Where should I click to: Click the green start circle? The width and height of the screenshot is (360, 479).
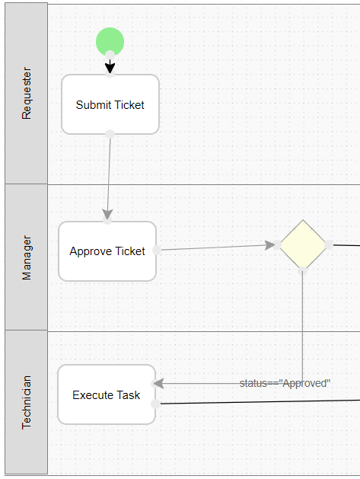click(x=110, y=41)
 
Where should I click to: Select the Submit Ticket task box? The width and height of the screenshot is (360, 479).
click(x=110, y=104)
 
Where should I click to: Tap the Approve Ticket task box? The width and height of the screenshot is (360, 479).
click(x=107, y=251)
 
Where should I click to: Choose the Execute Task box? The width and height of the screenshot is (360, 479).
click(x=107, y=394)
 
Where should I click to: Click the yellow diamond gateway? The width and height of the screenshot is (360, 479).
click(x=303, y=244)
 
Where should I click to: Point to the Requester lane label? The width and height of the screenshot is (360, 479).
click(x=27, y=93)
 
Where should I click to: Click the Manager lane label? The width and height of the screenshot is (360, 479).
click(x=27, y=257)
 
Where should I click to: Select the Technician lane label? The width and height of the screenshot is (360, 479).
click(x=27, y=402)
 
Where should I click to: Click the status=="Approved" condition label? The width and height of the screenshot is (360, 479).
click(x=285, y=383)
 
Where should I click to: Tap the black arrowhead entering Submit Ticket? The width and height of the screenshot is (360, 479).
click(x=110, y=67)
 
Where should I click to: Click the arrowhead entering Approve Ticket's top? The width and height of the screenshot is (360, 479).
click(x=107, y=215)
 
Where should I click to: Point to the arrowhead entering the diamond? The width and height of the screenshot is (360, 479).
click(x=269, y=244)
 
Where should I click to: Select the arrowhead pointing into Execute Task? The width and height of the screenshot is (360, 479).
click(x=159, y=383)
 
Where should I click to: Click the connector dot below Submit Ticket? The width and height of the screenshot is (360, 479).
click(x=110, y=134)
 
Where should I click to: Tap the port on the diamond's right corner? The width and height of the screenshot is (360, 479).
click(x=329, y=244)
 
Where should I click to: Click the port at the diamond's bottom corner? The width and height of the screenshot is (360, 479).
click(x=302, y=270)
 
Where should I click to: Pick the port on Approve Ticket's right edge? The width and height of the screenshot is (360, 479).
click(x=157, y=250)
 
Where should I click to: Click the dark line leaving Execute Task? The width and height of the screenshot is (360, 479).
click(x=260, y=402)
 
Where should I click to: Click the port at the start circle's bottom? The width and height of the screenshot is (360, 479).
click(x=110, y=55)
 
